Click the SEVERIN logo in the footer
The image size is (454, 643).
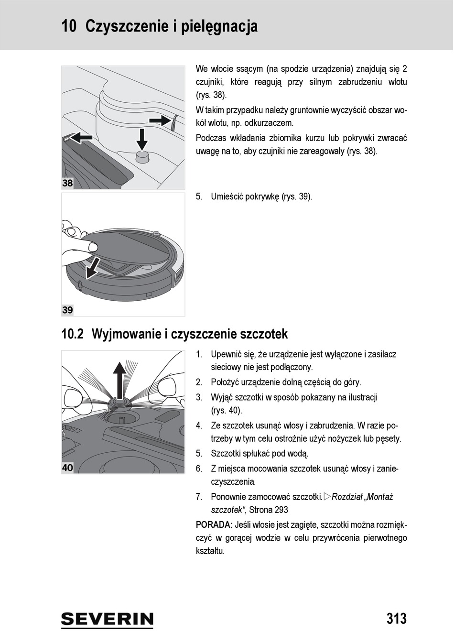pos(108,620)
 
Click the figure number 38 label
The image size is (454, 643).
pos(67,183)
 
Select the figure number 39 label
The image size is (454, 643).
pos(67,310)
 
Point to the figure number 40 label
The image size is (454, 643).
pos(67,468)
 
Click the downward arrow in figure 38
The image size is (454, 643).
pos(142,139)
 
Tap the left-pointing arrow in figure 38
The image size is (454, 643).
pos(81,138)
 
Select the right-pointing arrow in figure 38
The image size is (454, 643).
pos(160,120)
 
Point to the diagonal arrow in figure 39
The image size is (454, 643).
pos(93,268)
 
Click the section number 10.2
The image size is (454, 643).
pos(72,335)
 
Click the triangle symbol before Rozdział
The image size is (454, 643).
pos(327,496)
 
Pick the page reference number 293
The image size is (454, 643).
pos(281,510)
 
